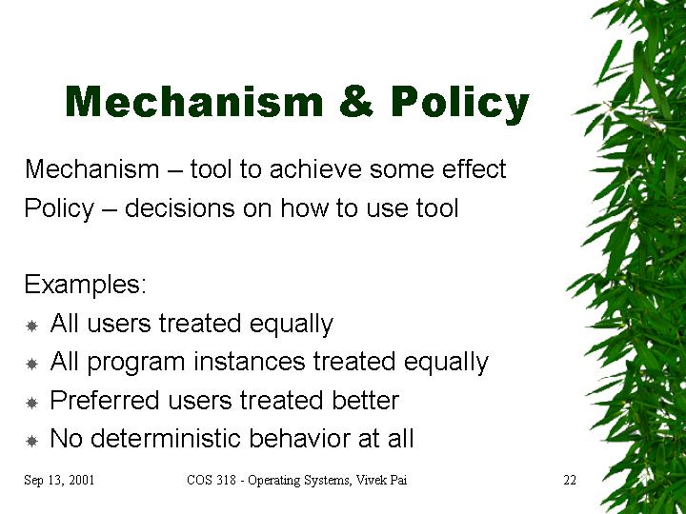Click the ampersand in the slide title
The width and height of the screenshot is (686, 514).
pos(356,101)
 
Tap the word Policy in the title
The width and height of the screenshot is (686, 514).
pos(460,104)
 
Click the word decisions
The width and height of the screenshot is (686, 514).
pos(180,208)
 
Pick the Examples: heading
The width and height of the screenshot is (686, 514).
pos(86,285)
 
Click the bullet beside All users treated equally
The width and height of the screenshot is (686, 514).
pos(31,326)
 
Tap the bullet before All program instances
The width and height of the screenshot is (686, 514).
pos(31,364)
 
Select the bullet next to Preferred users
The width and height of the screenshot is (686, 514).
pos(31,403)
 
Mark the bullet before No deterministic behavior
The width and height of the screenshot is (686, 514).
pos(31,441)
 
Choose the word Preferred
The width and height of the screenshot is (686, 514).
pos(105,400)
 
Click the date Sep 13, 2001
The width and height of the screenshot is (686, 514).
pos(59,480)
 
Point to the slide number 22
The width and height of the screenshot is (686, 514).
pos(570,480)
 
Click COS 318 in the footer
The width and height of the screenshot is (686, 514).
pos(212,480)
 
